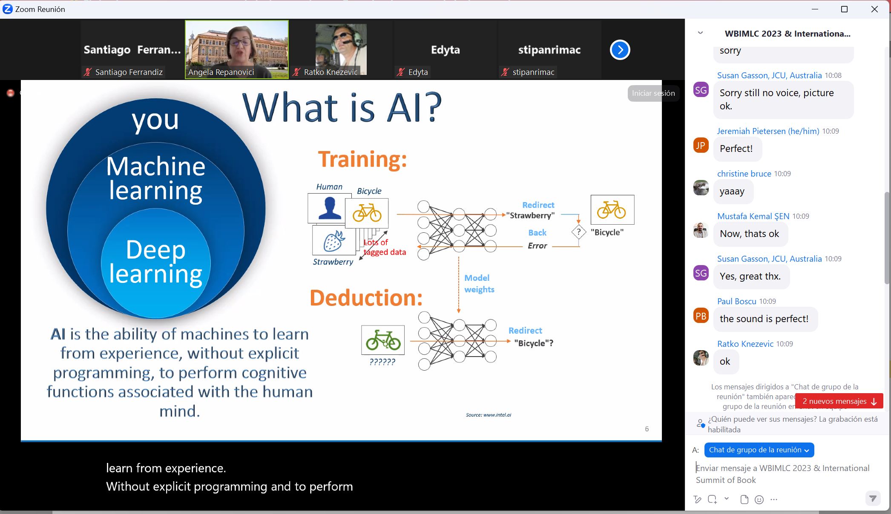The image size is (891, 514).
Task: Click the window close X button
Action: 874,9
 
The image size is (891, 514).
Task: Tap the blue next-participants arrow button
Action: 620,50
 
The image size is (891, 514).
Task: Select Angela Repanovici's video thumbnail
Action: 237,49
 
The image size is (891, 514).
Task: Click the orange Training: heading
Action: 362,160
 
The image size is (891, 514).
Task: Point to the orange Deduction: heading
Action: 366,297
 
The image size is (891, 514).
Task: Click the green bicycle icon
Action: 383,340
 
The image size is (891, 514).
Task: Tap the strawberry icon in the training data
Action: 334,240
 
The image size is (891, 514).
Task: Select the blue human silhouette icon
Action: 329,208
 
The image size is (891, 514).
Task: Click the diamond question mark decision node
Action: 579,232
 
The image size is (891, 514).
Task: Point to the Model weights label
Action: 479,283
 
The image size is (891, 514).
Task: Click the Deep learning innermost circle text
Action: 156,261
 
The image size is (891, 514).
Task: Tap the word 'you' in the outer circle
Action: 155,120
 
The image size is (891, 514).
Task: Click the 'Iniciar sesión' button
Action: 653,93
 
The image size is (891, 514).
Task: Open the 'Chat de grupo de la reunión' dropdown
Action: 759,450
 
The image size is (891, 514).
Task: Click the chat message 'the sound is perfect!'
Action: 764,319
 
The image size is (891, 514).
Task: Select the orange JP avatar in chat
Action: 701,146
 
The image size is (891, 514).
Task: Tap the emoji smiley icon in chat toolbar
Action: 759,500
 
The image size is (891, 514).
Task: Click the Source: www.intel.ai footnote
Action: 489,415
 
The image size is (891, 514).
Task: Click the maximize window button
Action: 844,9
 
